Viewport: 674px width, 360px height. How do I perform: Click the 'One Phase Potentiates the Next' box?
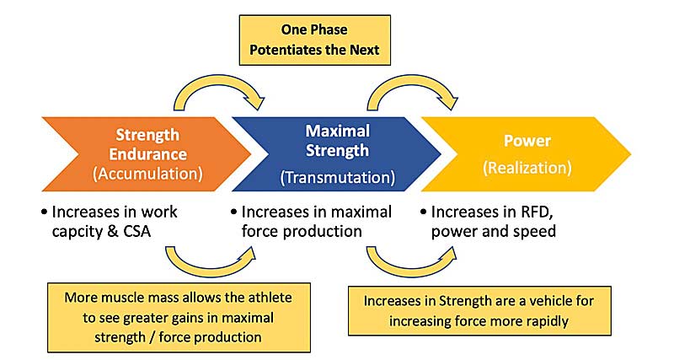click(314, 40)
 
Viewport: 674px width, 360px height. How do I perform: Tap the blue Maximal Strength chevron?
click(336, 154)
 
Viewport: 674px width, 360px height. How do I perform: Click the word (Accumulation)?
click(148, 174)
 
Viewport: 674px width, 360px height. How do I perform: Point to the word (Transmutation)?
click(338, 177)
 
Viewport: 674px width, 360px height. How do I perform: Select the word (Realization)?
click(527, 167)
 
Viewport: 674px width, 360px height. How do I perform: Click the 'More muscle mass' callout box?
click(179, 317)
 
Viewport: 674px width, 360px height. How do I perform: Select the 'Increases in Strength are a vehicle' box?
click(479, 310)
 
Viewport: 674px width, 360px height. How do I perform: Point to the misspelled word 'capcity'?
click(77, 232)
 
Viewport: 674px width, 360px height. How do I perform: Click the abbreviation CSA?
click(136, 231)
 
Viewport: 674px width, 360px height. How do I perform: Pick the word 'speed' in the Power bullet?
click(535, 232)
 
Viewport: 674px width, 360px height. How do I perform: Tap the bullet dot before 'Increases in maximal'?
click(234, 212)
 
